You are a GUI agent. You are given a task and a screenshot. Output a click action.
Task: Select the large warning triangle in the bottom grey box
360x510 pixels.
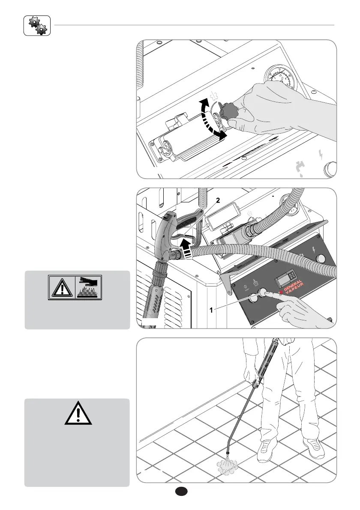click(78, 412)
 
